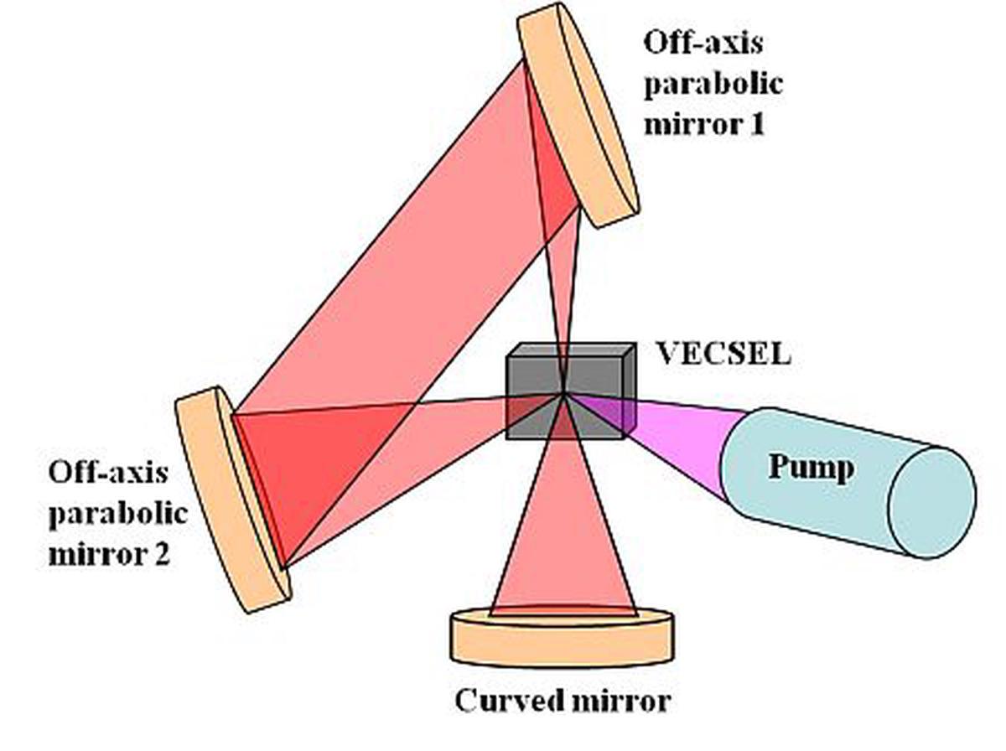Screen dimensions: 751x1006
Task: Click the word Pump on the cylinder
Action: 811,466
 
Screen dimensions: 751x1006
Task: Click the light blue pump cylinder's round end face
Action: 931,501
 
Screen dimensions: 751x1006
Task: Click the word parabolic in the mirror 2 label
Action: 117,513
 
